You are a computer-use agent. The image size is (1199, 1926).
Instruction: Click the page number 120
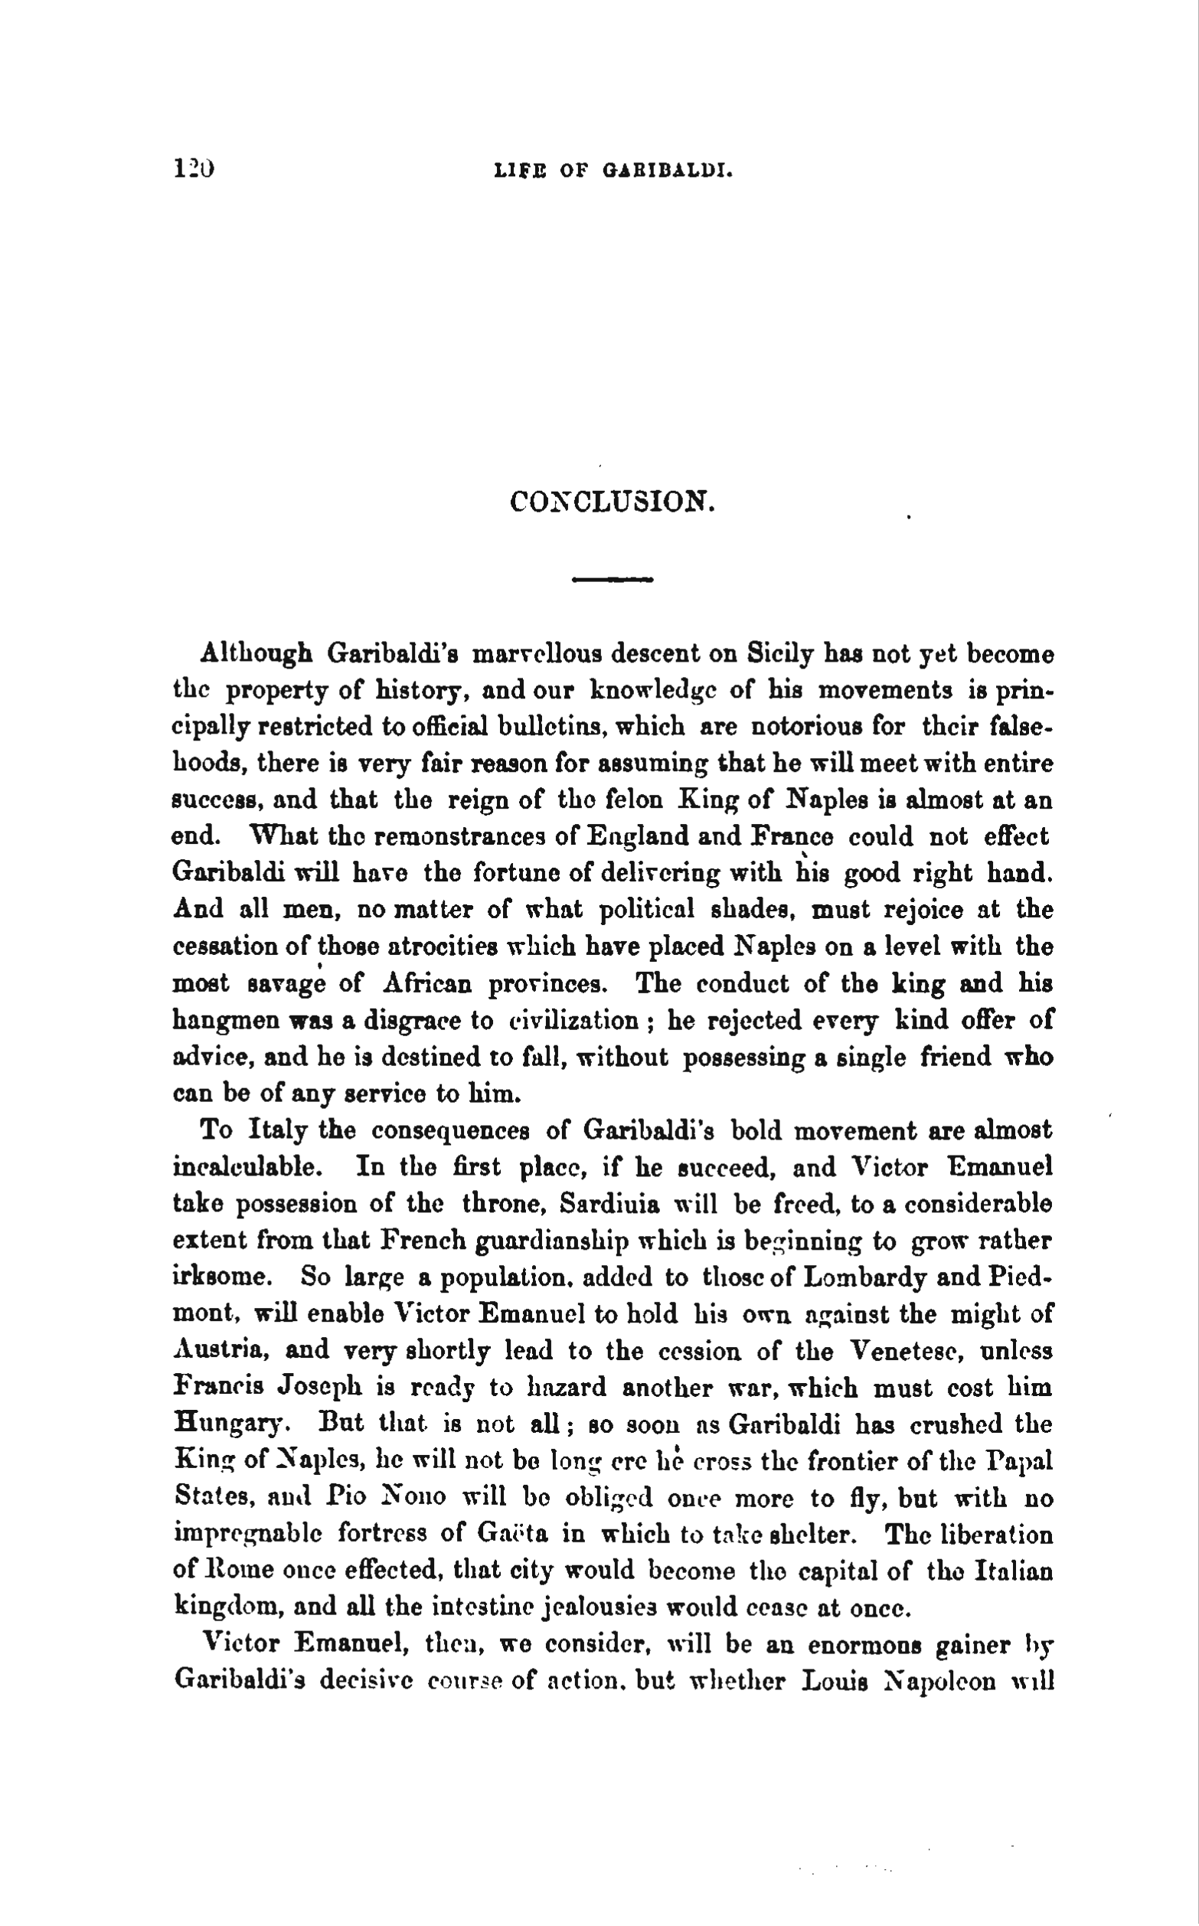click(x=193, y=169)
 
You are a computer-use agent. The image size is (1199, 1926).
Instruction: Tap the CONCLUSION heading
click(x=613, y=501)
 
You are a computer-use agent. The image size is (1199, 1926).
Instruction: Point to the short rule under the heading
click(x=613, y=580)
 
